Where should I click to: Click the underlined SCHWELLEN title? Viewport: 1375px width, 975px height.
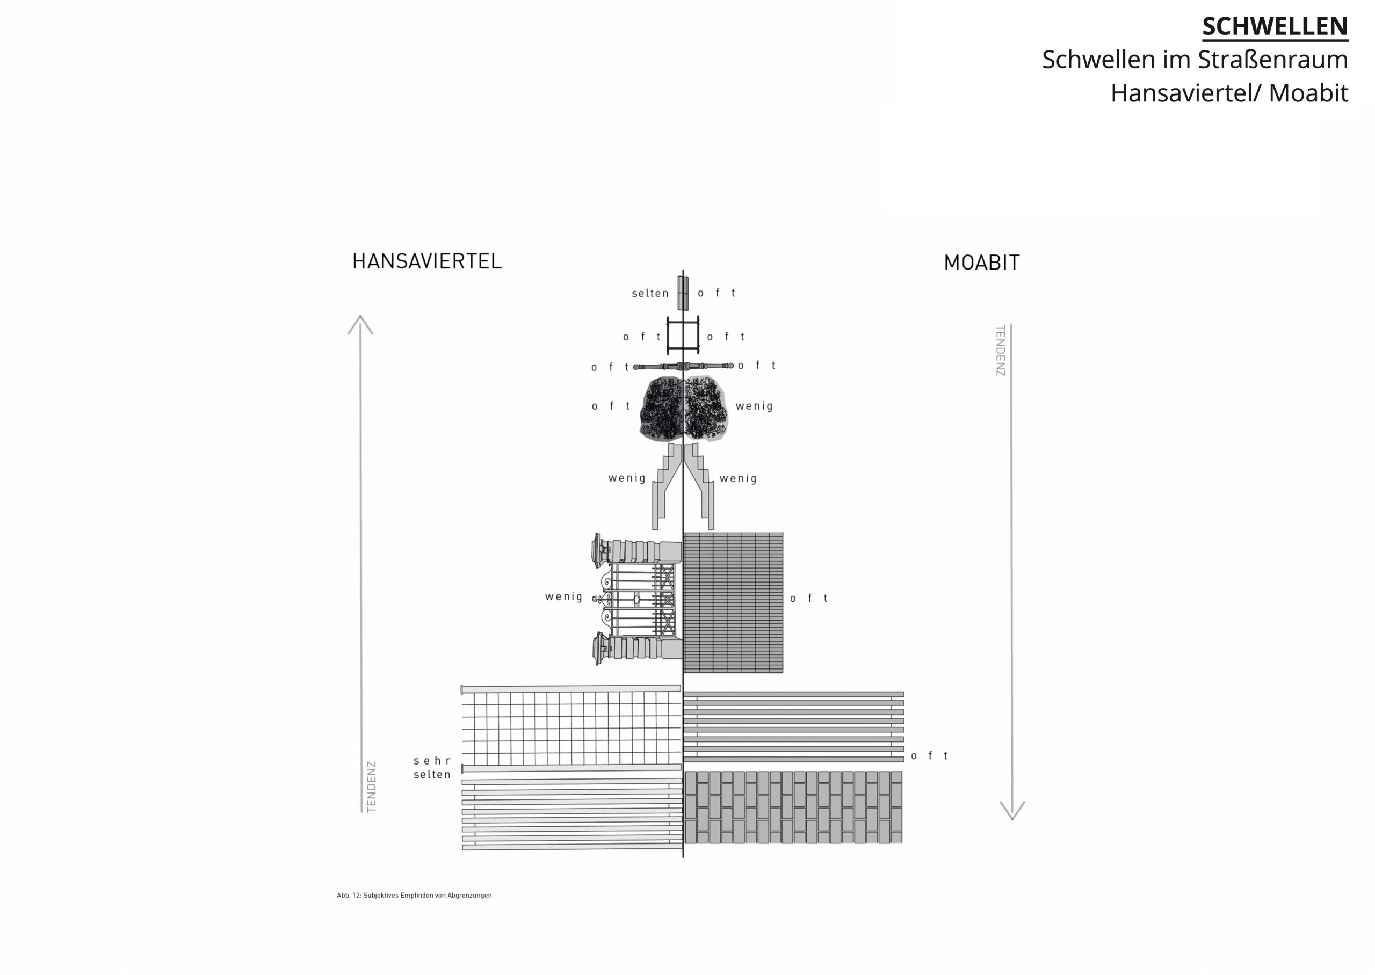[x=1274, y=26]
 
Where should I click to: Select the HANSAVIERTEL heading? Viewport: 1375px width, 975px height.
[x=426, y=262]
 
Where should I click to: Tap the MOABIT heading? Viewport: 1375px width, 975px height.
[x=981, y=263]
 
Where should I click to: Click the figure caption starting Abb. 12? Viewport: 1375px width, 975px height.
[x=414, y=895]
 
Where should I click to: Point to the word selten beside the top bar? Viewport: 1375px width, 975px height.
[x=650, y=294]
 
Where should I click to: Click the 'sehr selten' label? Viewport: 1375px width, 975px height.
[x=432, y=768]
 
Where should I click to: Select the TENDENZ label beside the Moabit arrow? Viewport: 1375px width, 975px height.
[x=1000, y=351]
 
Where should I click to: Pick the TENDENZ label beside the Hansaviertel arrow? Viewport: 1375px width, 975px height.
[x=372, y=787]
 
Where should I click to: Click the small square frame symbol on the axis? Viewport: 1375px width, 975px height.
[x=683, y=337]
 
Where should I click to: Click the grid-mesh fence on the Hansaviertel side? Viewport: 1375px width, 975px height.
[x=571, y=728]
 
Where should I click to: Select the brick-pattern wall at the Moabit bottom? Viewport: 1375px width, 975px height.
[x=793, y=807]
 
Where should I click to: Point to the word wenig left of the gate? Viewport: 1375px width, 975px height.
[x=563, y=597]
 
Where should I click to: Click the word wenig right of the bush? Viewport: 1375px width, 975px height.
[x=754, y=406]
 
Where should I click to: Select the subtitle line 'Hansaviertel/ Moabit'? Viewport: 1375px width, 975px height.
[x=1228, y=93]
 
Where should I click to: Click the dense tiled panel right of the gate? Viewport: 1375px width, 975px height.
[x=733, y=602]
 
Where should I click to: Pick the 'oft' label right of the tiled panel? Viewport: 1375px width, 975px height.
[x=809, y=599]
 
